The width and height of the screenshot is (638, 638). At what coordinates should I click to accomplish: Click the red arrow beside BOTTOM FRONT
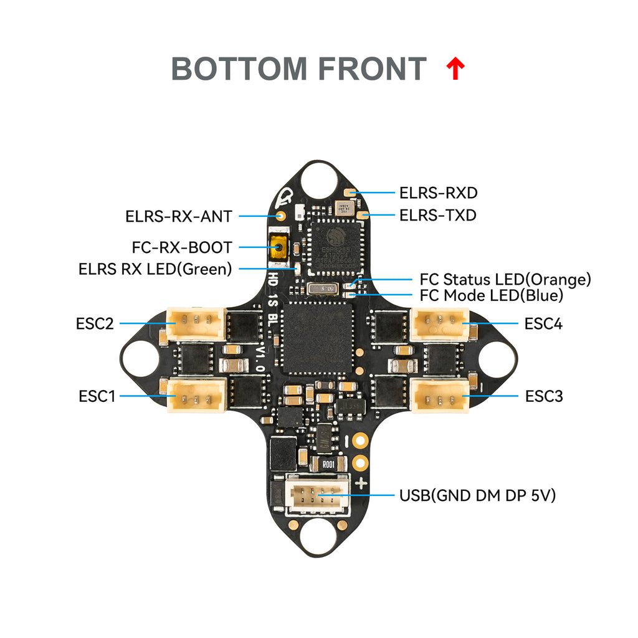coord(456,69)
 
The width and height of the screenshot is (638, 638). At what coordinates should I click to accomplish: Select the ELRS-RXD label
coord(438,193)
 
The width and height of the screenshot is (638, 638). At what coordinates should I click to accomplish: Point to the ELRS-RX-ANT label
coord(179,217)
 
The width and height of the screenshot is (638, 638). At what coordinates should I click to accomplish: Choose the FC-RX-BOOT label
coord(182,247)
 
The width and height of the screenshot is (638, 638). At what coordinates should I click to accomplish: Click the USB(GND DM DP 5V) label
coord(477,496)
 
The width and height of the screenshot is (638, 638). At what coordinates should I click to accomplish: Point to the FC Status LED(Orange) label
coord(505,280)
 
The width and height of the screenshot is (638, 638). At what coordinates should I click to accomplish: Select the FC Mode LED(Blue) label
coord(492,295)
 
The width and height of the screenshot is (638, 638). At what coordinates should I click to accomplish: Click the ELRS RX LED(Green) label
coord(155,269)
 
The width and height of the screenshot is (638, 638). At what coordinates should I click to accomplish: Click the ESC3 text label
coord(544,396)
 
